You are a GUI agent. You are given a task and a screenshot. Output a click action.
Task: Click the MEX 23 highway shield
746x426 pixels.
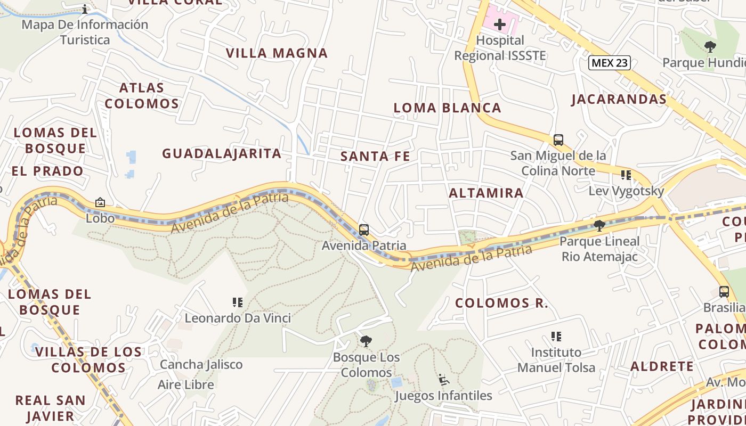[x=610, y=63]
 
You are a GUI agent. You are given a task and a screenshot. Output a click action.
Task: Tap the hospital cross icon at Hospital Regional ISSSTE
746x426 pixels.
[x=500, y=24]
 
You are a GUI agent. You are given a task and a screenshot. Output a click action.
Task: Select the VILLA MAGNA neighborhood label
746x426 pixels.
[x=277, y=53]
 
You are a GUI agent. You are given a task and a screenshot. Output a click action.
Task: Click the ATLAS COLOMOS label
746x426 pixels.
[x=142, y=95]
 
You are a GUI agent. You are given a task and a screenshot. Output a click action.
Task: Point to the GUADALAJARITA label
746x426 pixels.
[x=222, y=153]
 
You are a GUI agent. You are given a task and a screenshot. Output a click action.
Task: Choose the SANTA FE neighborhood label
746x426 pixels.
[x=375, y=156]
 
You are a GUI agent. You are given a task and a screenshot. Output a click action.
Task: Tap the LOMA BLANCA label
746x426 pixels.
[x=447, y=108]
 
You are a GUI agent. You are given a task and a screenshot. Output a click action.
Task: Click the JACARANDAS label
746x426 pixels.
[x=619, y=99]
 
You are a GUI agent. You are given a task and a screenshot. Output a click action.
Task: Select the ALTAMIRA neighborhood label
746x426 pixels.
[x=486, y=193]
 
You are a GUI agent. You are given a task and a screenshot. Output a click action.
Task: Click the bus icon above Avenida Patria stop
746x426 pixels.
[x=364, y=230]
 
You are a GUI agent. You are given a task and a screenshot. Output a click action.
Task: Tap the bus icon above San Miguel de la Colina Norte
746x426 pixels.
[x=558, y=140]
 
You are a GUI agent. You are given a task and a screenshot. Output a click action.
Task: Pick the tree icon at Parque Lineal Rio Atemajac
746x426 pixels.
[x=599, y=226]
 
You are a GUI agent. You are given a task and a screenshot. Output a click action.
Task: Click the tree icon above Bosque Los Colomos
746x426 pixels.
[x=366, y=341]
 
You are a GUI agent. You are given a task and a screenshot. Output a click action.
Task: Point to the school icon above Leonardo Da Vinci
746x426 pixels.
[x=238, y=302]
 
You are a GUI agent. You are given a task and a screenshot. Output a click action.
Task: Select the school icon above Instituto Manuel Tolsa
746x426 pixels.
[x=556, y=337]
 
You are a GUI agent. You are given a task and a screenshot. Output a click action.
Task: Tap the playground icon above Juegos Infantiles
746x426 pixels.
[x=443, y=380]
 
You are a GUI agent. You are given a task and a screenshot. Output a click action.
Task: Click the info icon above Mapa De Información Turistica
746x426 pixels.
[x=85, y=9]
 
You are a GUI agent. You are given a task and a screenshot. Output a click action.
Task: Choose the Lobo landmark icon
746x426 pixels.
[x=100, y=202]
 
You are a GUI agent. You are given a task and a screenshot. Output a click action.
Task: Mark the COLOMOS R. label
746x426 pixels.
[x=501, y=304]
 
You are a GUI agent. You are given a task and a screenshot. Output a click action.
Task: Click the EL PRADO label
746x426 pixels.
[x=48, y=171]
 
